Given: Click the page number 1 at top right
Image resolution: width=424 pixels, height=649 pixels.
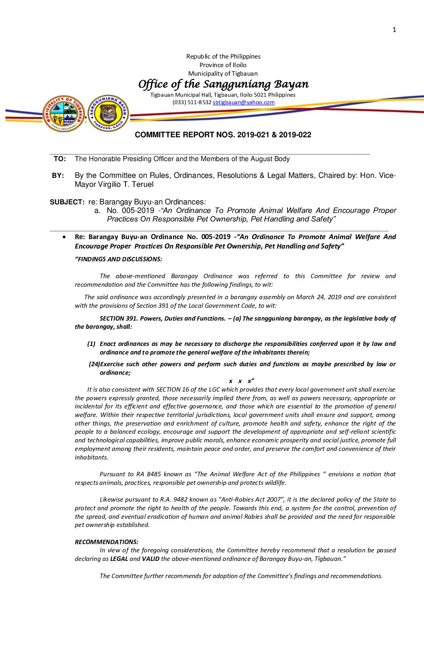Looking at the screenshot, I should [394, 30].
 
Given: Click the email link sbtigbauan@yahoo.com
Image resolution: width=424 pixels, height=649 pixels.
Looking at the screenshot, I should [244, 102].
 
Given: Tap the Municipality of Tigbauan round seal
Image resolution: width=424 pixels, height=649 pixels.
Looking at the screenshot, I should [64, 114].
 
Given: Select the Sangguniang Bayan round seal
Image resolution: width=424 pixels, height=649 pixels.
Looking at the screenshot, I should [108, 113].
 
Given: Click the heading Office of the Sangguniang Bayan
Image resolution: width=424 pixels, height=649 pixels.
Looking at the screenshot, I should [223, 84].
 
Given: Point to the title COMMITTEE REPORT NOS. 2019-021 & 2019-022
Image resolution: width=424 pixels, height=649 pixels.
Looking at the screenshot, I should [223, 135].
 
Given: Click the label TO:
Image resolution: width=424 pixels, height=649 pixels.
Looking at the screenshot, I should [60, 159].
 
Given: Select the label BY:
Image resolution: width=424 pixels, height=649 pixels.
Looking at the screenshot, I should [58, 176].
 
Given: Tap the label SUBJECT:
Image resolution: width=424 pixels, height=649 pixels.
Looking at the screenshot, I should [67, 202].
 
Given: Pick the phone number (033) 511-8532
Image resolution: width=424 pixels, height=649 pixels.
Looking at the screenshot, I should [192, 102].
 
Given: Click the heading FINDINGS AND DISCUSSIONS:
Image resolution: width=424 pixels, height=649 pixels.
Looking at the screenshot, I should [118, 259].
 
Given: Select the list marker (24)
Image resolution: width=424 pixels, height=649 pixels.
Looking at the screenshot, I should [94, 364].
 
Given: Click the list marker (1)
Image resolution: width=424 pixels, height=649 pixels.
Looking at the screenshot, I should [91, 344].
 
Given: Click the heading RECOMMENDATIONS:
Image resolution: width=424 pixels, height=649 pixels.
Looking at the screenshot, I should [106, 542].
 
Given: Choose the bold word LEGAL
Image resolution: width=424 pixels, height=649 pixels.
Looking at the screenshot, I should [119, 559].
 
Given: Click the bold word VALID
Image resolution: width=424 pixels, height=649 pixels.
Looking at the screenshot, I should [150, 559].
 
